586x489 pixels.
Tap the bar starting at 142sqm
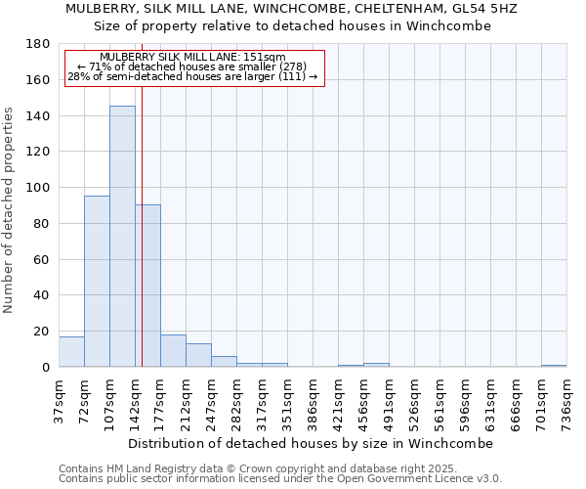coord(147,286)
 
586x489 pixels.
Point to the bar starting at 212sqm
coord(198,355)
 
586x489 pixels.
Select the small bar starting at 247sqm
coord(224,362)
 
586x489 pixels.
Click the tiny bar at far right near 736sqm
coord(554,366)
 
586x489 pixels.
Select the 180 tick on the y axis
coord(39,44)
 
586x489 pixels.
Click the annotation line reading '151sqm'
coord(192,58)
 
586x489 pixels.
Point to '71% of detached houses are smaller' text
coord(192,67)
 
